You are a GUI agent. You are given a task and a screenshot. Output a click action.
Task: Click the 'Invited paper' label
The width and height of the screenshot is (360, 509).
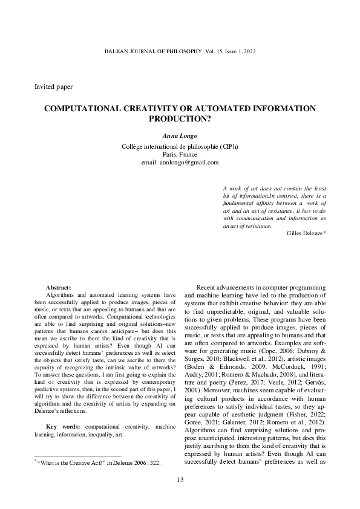pyautogui.click(x=54, y=86)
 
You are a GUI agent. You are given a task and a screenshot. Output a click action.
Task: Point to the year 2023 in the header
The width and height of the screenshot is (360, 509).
pyautogui.click(x=249, y=52)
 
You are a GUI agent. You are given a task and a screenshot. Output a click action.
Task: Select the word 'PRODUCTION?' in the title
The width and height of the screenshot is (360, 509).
pyautogui.click(x=180, y=119)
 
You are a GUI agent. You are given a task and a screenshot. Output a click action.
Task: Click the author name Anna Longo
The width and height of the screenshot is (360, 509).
pyautogui.click(x=180, y=137)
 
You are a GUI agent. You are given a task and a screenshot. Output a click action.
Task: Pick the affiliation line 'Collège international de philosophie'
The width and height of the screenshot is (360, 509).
pyautogui.click(x=171, y=146)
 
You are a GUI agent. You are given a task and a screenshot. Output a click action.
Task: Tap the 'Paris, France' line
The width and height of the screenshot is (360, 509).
pyautogui.click(x=180, y=154)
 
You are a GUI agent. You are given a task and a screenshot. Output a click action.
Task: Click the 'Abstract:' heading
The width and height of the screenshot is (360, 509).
pyautogui.click(x=59, y=287)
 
